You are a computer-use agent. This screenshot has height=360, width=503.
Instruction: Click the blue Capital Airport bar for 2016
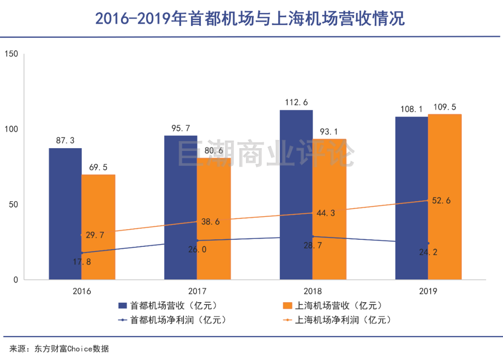[x=65, y=214]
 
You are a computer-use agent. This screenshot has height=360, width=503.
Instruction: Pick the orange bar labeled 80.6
[x=214, y=219]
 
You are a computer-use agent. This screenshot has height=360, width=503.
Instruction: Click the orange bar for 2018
[x=329, y=210]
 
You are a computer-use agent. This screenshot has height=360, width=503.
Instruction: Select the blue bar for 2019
[x=411, y=198]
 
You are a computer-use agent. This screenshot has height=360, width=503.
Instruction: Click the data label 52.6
[x=441, y=201]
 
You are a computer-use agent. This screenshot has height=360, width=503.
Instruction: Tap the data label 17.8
[x=82, y=261]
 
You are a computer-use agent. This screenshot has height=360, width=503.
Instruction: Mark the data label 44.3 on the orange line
[x=325, y=213]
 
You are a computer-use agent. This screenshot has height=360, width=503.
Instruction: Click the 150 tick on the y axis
[x=11, y=54]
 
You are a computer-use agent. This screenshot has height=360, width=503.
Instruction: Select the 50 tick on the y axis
[x=13, y=205]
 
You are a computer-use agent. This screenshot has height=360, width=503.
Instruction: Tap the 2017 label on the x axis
[x=197, y=292]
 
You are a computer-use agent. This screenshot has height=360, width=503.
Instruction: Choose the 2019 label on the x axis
[x=428, y=292]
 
